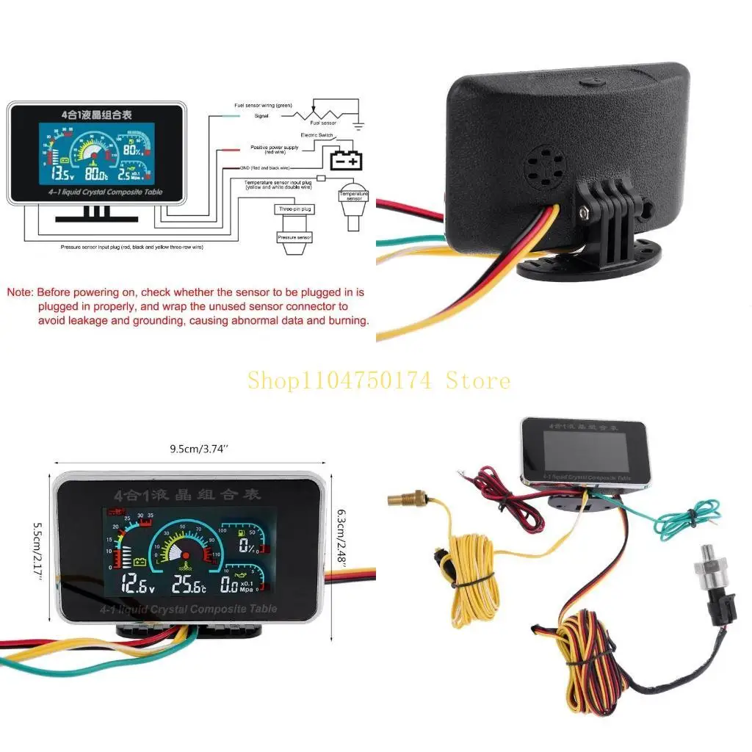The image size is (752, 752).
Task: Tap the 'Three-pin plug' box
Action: coord(294,209)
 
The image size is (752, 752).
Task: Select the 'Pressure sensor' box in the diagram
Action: coord(294,237)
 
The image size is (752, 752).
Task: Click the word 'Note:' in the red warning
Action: coord(21,292)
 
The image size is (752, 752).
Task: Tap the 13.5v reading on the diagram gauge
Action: coord(62,176)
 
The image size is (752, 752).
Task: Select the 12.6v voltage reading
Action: coord(137,585)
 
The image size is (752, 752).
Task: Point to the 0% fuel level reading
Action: coord(247,546)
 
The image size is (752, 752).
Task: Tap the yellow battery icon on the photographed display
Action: coord(139,563)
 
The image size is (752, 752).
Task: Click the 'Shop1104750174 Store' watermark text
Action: coord(378,380)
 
